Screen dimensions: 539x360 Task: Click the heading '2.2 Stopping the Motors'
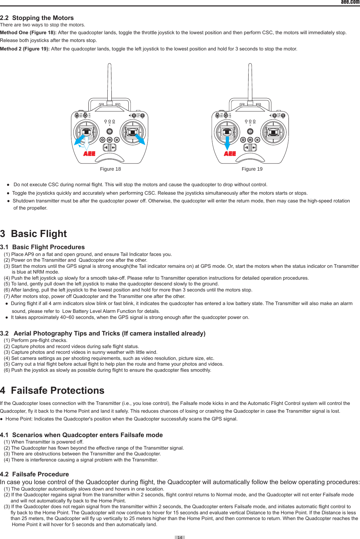tap(37, 18)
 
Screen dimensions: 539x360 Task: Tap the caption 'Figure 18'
tap(110, 169)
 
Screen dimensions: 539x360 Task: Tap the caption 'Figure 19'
tap(252, 169)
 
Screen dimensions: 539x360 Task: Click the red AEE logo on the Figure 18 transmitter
tap(89, 154)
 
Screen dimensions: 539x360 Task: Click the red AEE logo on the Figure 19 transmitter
tap(230, 154)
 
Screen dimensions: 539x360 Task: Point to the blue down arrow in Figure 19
tap(227, 142)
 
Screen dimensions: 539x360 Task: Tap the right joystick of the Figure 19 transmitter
tap(273, 132)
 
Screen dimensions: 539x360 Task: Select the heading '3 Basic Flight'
tap(34, 234)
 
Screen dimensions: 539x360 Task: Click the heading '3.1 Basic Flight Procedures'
tap(42, 247)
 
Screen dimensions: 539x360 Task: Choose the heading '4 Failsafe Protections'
tap(52, 390)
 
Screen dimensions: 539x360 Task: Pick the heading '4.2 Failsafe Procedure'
tap(35, 474)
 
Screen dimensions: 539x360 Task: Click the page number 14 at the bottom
tap(180, 537)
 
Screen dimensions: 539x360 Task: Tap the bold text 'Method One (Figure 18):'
tap(28, 33)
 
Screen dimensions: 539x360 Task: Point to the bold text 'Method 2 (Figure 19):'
tap(25, 49)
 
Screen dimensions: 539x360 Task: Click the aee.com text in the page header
tap(350, 2)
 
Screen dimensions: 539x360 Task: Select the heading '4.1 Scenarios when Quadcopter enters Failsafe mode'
tap(81, 435)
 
